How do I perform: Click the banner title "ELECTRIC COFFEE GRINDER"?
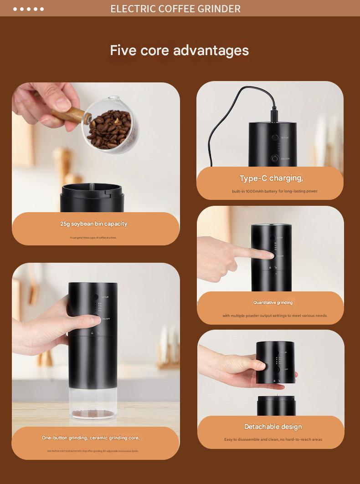(x=175, y=9)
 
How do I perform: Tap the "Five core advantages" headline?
(x=179, y=50)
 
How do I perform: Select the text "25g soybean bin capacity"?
(x=94, y=224)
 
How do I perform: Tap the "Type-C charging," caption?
(x=271, y=178)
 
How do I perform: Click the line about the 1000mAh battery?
(x=275, y=191)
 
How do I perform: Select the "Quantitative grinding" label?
(x=273, y=302)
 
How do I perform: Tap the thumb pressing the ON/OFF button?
(x=94, y=320)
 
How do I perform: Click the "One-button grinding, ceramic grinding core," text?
(x=91, y=438)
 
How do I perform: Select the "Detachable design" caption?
(x=273, y=427)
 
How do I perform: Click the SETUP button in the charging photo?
(x=275, y=138)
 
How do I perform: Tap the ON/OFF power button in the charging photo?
(x=275, y=158)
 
